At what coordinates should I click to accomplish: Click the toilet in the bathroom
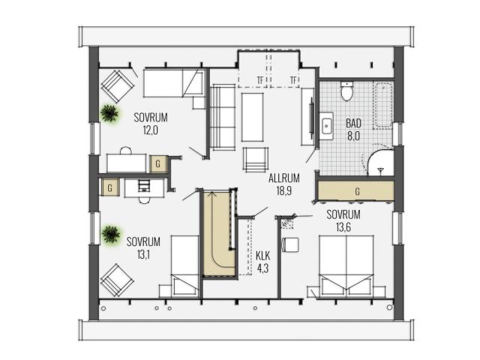pyautogui.click(x=346, y=91)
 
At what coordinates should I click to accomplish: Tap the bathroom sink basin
pyautogui.click(x=327, y=126)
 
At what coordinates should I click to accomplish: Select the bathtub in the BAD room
pyautogui.click(x=382, y=105)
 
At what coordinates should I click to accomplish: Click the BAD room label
pyautogui.click(x=353, y=123)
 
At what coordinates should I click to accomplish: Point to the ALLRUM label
pyautogui.click(x=283, y=178)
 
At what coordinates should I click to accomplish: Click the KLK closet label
pyautogui.click(x=263, y=255)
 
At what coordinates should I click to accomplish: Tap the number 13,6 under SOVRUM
pyautogui.click(x=343, y=227)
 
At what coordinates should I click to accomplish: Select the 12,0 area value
pyautogui.click(x=150, y=130)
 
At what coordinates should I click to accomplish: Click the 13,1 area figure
pyautogui.click(x=143, y=254)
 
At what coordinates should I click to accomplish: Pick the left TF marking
pyautogui.click(x=260, y=80)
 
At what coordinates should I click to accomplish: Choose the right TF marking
pyautogui.click(x=293, y=80)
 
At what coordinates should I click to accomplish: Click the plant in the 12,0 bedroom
pyautogui.click(x=109, y=113)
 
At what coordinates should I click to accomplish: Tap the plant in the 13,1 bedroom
pyautogui.click(x=111, y=234)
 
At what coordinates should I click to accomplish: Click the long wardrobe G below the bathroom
pyautogui.click(x=355, y=191)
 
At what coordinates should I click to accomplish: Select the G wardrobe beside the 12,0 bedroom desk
pyautogui.click(x=158, y=163)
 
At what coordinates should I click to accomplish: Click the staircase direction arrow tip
pyautogui.click(x=211, y=192)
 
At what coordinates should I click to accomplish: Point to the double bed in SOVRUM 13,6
pyautogui.click(x=346, y=265)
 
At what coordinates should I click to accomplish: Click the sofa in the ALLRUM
pyautogui.click(x=223, y=117)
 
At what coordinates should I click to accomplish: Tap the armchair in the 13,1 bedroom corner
pyautogui.click(x=117, y=280)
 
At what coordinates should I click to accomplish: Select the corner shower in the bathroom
pyautogui.click(x=380, y=163)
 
